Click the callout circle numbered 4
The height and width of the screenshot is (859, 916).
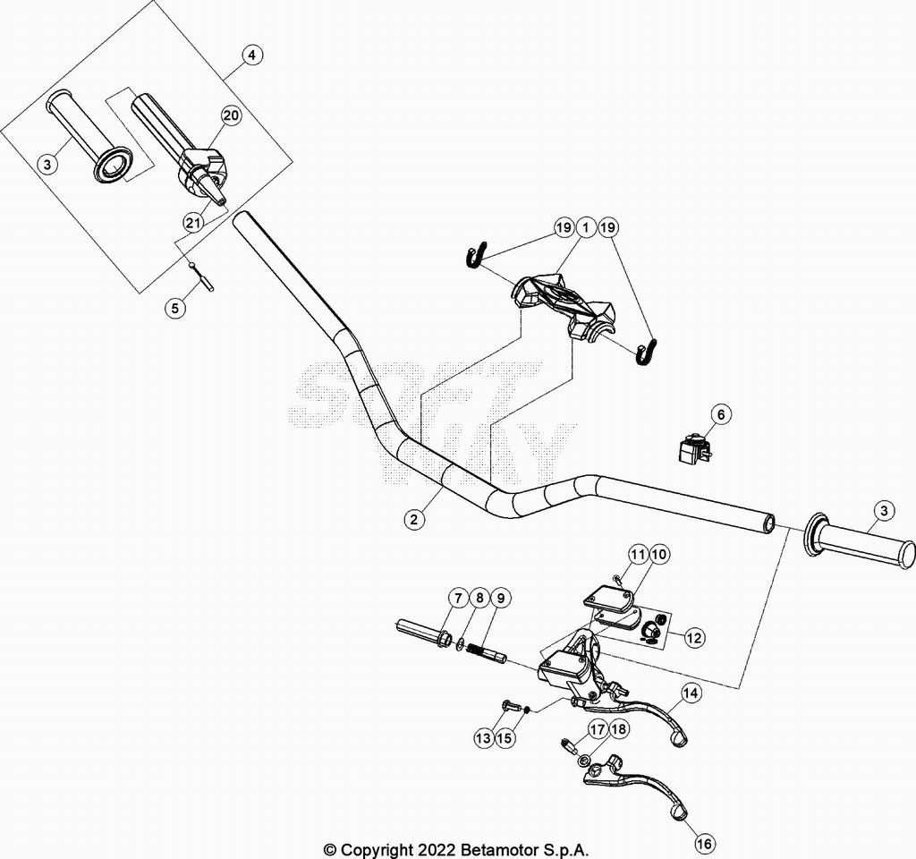pos(252,55)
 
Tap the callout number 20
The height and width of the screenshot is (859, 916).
pos(231,115)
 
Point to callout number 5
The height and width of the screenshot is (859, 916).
pos(175,308)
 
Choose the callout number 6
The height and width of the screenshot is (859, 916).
pos(721,414)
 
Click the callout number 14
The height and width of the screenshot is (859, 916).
pos(690,693)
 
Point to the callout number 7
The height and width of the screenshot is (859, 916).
pos(457,599)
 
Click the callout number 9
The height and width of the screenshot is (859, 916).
pos(500,599)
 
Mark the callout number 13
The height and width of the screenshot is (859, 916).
pos(483,737)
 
